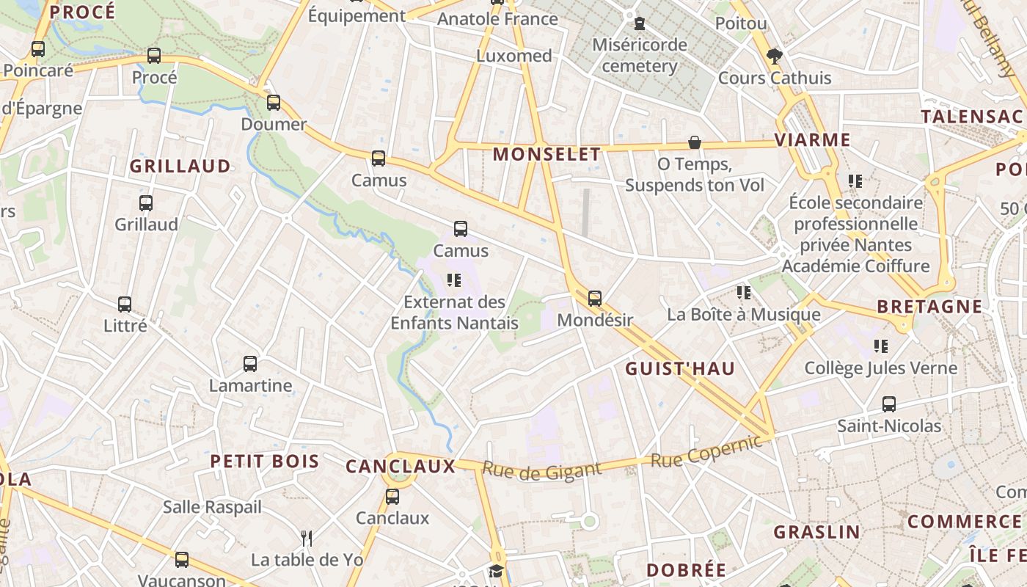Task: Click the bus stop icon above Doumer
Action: [274, 103]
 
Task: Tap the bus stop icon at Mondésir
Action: [595, 299]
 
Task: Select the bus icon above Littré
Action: [125, 304]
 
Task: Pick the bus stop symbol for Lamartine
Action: [250, 364]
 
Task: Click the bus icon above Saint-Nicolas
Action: [889, 404]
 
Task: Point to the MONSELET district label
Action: [547, 154]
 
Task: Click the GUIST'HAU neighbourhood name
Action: [680, 369]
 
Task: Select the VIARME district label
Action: [813, 139]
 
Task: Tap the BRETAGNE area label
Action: [929, 307]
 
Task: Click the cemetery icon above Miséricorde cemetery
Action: [640, 23]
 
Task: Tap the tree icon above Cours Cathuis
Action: [774, 56]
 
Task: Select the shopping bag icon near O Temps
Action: [694, 142]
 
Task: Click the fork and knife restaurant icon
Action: [307, 539]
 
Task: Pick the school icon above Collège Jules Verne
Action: [881, 346]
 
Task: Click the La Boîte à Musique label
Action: [743, 315]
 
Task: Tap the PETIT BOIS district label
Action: [265, 462]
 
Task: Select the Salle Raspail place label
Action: [212, 507]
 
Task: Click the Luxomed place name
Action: [514, 56]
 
